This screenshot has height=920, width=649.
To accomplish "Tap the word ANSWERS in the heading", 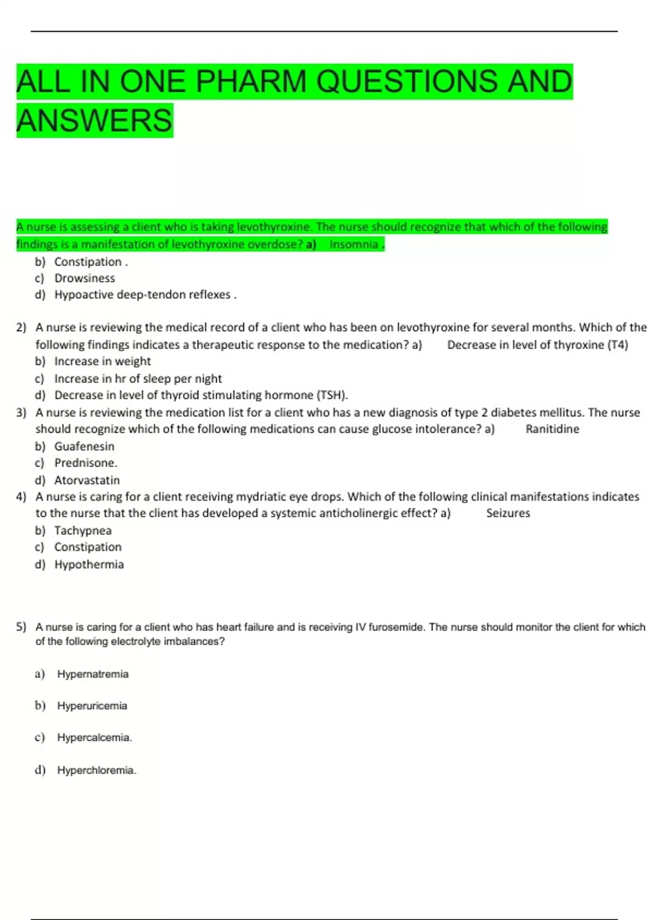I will click(x=95, y=120).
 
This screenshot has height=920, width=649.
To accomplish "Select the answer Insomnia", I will click(x=354, y=245).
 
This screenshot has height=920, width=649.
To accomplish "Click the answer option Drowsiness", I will click(x=84, y=278).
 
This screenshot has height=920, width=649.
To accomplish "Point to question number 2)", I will click(x=21, y=327).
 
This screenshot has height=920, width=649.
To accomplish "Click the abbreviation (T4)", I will click(x=618, y=345).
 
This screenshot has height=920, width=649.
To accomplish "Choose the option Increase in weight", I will click(x=102, y=362).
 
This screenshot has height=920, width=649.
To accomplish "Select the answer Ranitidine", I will click(x=552, y=429).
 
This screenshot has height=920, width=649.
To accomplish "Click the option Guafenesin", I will click(x=84, y=446).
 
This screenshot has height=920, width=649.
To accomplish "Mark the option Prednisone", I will click(x=85, y=463).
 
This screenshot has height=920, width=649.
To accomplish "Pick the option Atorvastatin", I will click(x=87, y=480).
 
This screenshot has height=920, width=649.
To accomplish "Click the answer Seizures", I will click(x=508, y=513).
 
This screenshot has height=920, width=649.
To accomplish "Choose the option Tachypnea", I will click(x=83, y=530).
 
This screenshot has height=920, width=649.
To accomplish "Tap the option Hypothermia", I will click(x=89, y=564).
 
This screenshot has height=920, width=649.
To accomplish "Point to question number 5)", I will click(x=21, y=627).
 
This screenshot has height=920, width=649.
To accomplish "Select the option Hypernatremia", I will click(x=93, y=674).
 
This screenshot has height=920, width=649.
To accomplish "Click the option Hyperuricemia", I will click(x=92, y=706).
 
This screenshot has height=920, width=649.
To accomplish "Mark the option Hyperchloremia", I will click(x=96, y=770).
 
